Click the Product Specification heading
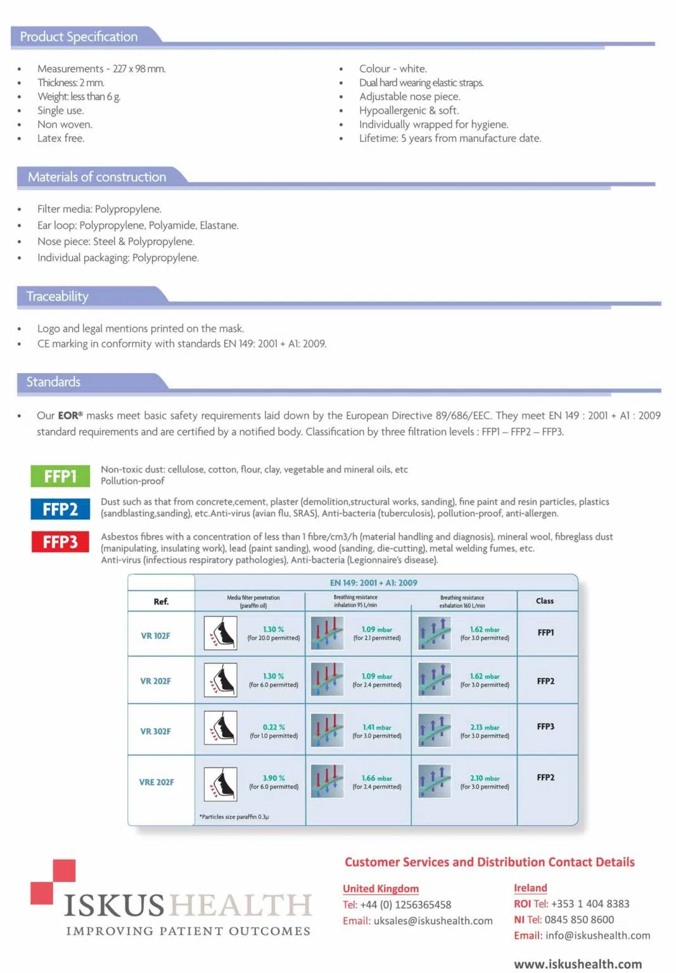(x=79, y=37)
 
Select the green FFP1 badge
(x=60, y=476)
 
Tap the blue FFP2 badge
(x=60, y=509)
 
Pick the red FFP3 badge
(x=60, y=542)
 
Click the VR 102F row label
(x=155, y=635)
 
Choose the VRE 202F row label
(x=156, y=782)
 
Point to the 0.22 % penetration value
(x=274, y=727)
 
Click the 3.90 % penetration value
(x=274, y=778)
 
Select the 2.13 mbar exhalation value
(x=485, y=727)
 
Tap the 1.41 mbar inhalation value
(x=377, y=727)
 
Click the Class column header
(x=545, y=601)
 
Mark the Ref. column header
(x=161, y=602)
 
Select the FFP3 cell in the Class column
(x=545, y=727)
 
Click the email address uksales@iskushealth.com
(x=433, y=921)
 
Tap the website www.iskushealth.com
(x=578, y=964)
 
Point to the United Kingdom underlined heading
(x=381, y=889)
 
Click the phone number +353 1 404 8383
(x=590, y=904)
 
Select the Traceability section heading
(x=58, y=296)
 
